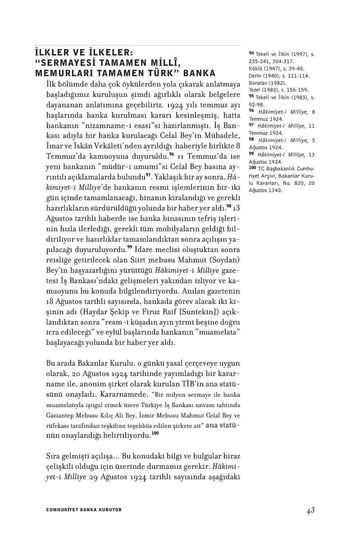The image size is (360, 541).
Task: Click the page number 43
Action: coord(310,510)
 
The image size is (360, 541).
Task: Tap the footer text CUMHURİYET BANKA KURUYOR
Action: coord(84,509)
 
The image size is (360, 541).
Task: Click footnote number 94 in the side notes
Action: coord(251,54)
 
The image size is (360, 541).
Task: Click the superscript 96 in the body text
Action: coord(172,154)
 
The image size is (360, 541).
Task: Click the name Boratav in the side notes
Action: coord(259,83)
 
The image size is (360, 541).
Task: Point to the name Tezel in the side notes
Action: coord(255,90)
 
